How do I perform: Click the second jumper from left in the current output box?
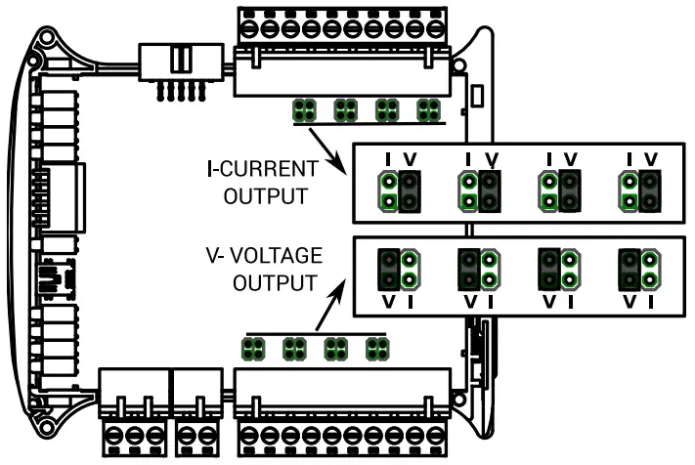coord(479,190)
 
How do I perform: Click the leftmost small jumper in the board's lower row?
coord(254,347)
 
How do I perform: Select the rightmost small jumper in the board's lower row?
coord(377,347)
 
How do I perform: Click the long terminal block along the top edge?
coord(343,39)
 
